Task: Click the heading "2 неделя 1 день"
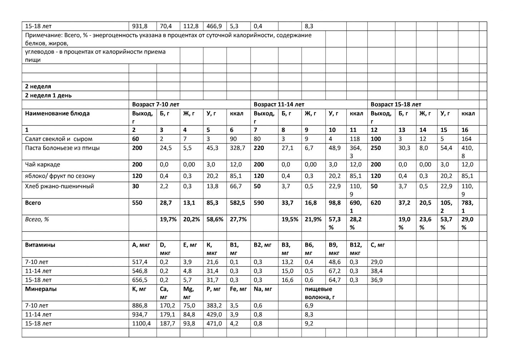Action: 48,95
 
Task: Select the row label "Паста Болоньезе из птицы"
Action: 62,148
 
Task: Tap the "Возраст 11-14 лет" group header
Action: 279,104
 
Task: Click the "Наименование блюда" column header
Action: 57,114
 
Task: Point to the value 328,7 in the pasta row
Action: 237,148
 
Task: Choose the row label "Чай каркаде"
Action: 43,165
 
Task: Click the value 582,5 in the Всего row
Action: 237,203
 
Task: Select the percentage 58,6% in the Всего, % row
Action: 214,220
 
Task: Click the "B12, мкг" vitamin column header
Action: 356,249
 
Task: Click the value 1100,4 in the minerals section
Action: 142,324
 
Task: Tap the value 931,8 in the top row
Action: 140,26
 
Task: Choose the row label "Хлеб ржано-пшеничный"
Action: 59,186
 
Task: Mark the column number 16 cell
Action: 465,130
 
